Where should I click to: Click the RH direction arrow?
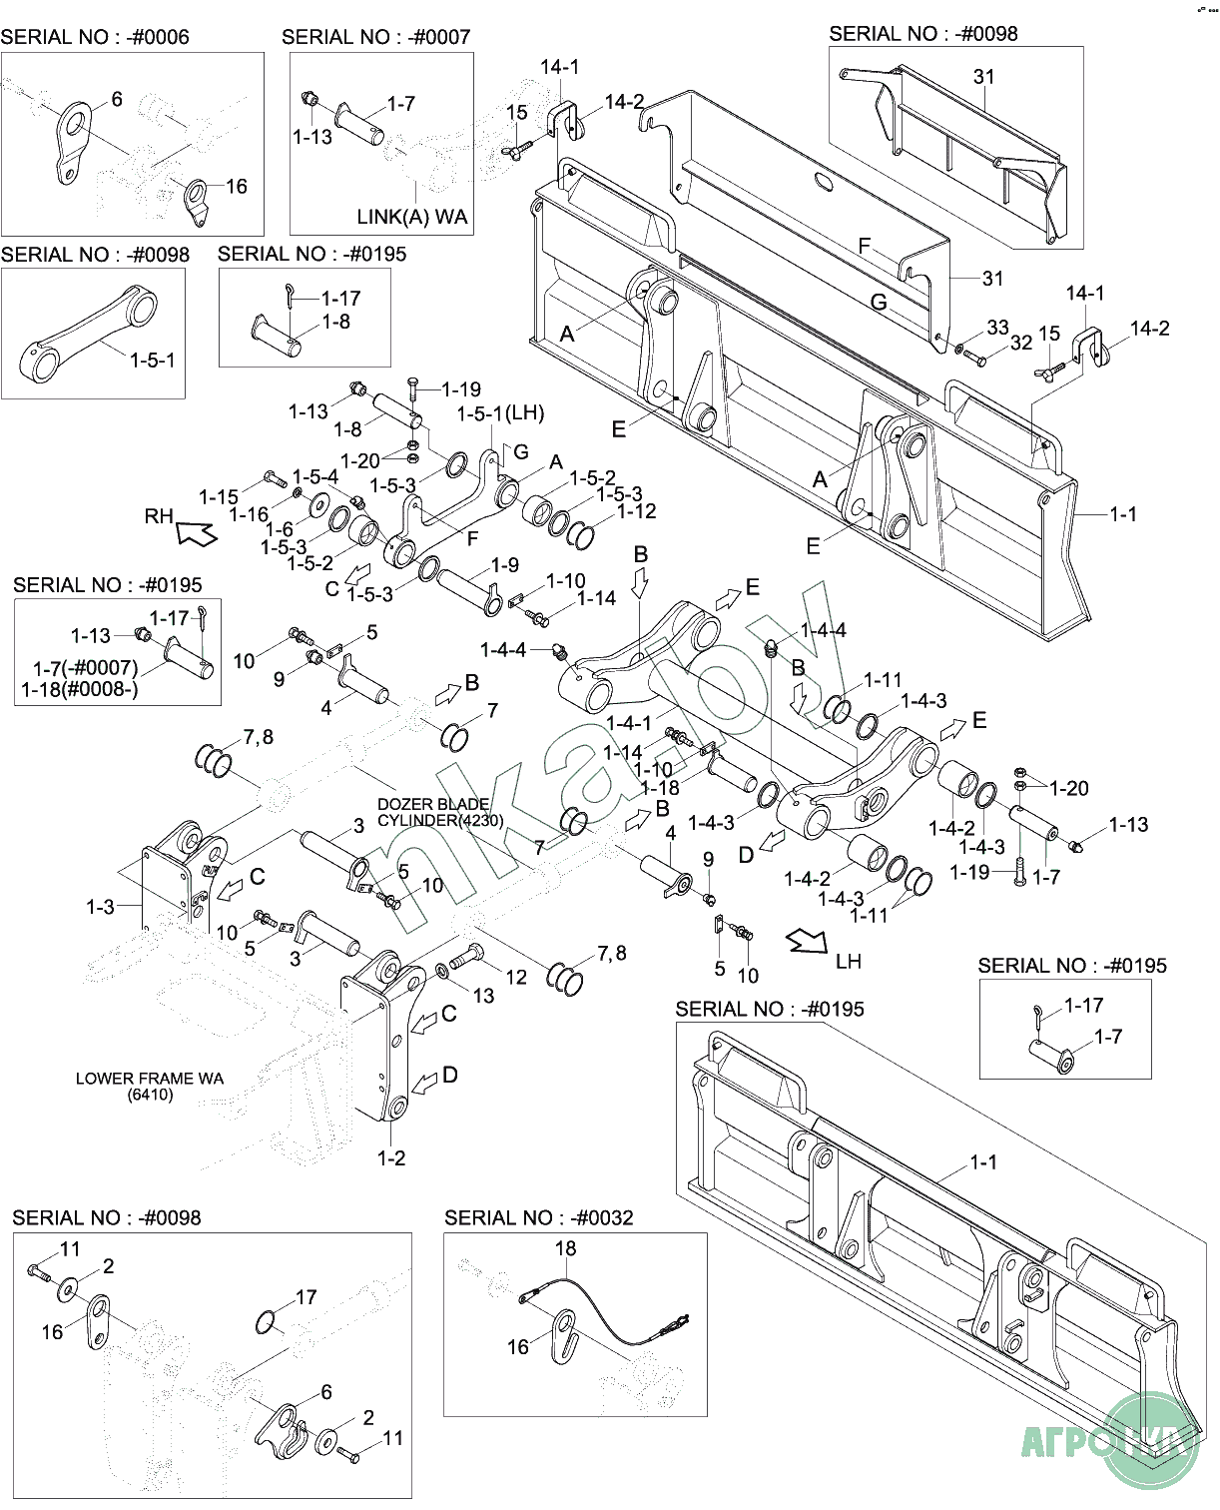tap(197, 532)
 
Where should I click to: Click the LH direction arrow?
tap(807, 941)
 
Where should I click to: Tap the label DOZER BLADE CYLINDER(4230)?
tap(440, 812)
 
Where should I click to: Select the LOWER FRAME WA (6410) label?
tap(150, 1087)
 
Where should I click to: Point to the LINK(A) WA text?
tap(412, 217)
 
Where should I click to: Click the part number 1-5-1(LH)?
tap(500, 413)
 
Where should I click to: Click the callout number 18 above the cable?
tap(565, 1248)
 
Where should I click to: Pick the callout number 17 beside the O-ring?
tap(305, 1297)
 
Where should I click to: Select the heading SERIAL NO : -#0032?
tap(538, 1218)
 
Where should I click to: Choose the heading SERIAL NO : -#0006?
tap(95, 37)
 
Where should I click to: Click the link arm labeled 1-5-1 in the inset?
tap(87, 334)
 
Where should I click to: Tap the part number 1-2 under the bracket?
tap(391, 1158)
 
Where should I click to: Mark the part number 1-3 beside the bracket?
tap(100, 907)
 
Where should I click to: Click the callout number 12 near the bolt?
tap(516, 977)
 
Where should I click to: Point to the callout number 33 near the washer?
tap(997, 328)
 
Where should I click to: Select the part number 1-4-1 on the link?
tap(628, 723)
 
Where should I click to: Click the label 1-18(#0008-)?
tap(79, 689)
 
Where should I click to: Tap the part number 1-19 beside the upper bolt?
tap(461, 389)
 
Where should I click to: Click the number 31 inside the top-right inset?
tap(984, 77)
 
